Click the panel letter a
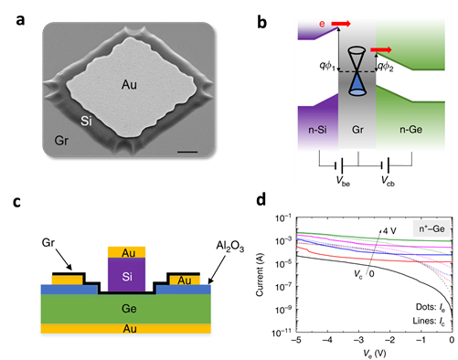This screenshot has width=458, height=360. point(20,21)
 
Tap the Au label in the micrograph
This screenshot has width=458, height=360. point(129,85)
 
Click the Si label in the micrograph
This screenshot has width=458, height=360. point(86,122)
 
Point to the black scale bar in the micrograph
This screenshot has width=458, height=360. point(187,152)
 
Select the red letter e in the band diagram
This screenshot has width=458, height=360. point(322,24)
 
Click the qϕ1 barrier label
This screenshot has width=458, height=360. point(327,66)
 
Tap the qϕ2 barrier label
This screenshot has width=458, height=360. point(386,66)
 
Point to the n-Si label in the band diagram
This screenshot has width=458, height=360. point(317,130)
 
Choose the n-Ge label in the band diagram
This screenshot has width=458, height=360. point(410,130)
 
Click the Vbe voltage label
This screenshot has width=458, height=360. point(343,181)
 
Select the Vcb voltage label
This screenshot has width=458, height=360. point(388,181)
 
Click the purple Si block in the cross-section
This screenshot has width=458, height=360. point(127,275)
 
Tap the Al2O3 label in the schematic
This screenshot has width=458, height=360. point(230,246)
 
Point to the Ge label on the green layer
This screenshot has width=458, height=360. point(129,309)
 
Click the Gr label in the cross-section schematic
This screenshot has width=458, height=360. point(48,243)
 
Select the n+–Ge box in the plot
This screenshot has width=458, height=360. point(431,228)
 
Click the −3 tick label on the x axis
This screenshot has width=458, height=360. point(358,340)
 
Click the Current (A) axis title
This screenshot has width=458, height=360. point(260,275)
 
